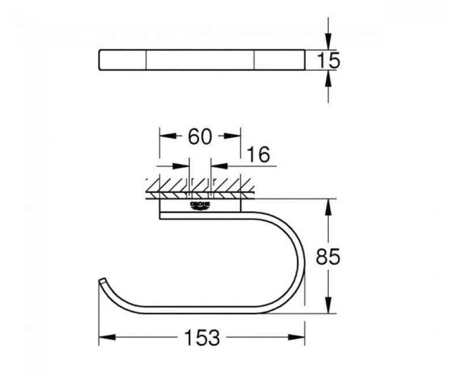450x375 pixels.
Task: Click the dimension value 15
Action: [329, 60]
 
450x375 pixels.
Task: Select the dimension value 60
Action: [200, 137]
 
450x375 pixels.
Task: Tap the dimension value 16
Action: [257, 155]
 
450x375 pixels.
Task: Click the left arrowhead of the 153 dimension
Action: [104, 337]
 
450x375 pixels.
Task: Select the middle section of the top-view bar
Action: [201, 60]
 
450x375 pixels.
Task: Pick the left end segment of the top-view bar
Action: [122, 60]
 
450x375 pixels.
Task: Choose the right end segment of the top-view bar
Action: [279, 60]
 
